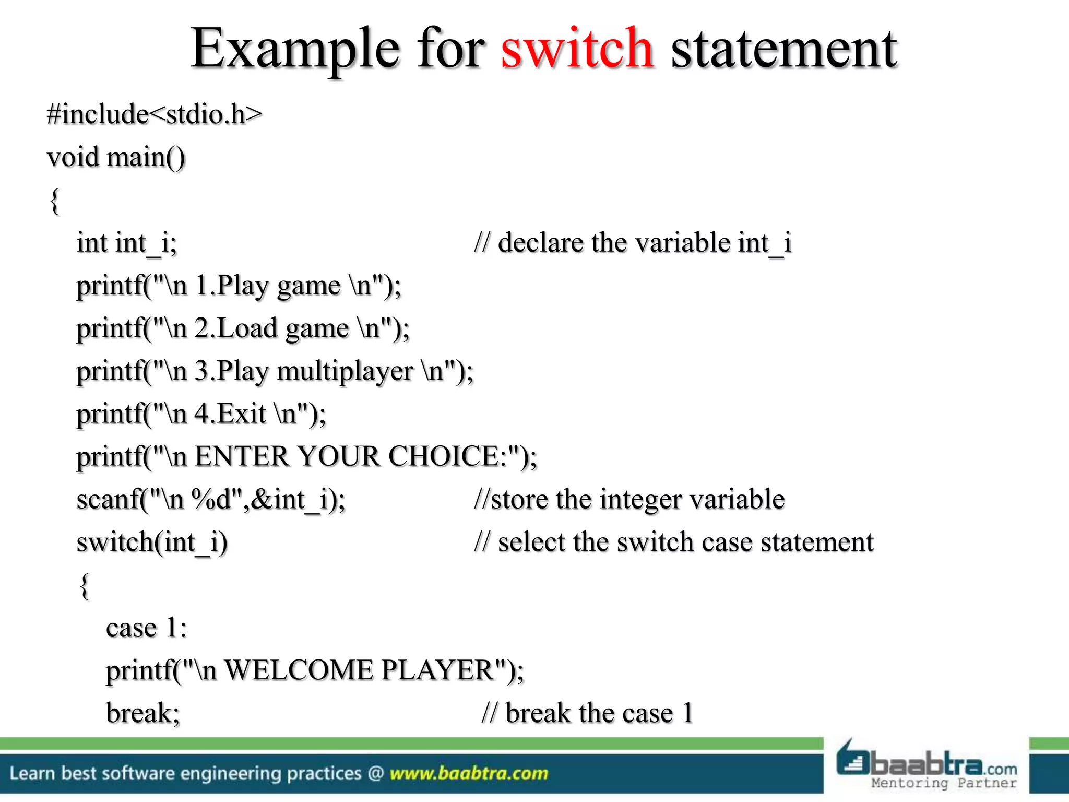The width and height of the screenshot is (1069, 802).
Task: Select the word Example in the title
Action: pyautogui.click(x=294, y=50)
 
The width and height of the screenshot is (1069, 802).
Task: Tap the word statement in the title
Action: pyautogui.click(x=783, y=50)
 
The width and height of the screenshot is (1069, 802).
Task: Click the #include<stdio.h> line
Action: pyautogui.click(x=155, y=114)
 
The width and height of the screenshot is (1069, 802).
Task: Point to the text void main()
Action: pyautogui.click(x=116, y=157)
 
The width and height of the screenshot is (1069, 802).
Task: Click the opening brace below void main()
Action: pyautogui.click(x=54, y=201)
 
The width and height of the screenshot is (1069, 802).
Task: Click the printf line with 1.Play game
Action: pyautogui.click(x=239, y=286)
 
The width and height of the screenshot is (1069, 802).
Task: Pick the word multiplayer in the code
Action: pyautogui.click(x=345, y=371)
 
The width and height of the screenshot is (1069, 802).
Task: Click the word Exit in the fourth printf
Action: pyautogui.click(x=242, y=414)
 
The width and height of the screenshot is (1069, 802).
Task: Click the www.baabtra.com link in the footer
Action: pyautogui.click(x=469, y=773)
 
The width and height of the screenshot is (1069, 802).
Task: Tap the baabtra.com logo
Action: pyautogui.click(x=927, y=765)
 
